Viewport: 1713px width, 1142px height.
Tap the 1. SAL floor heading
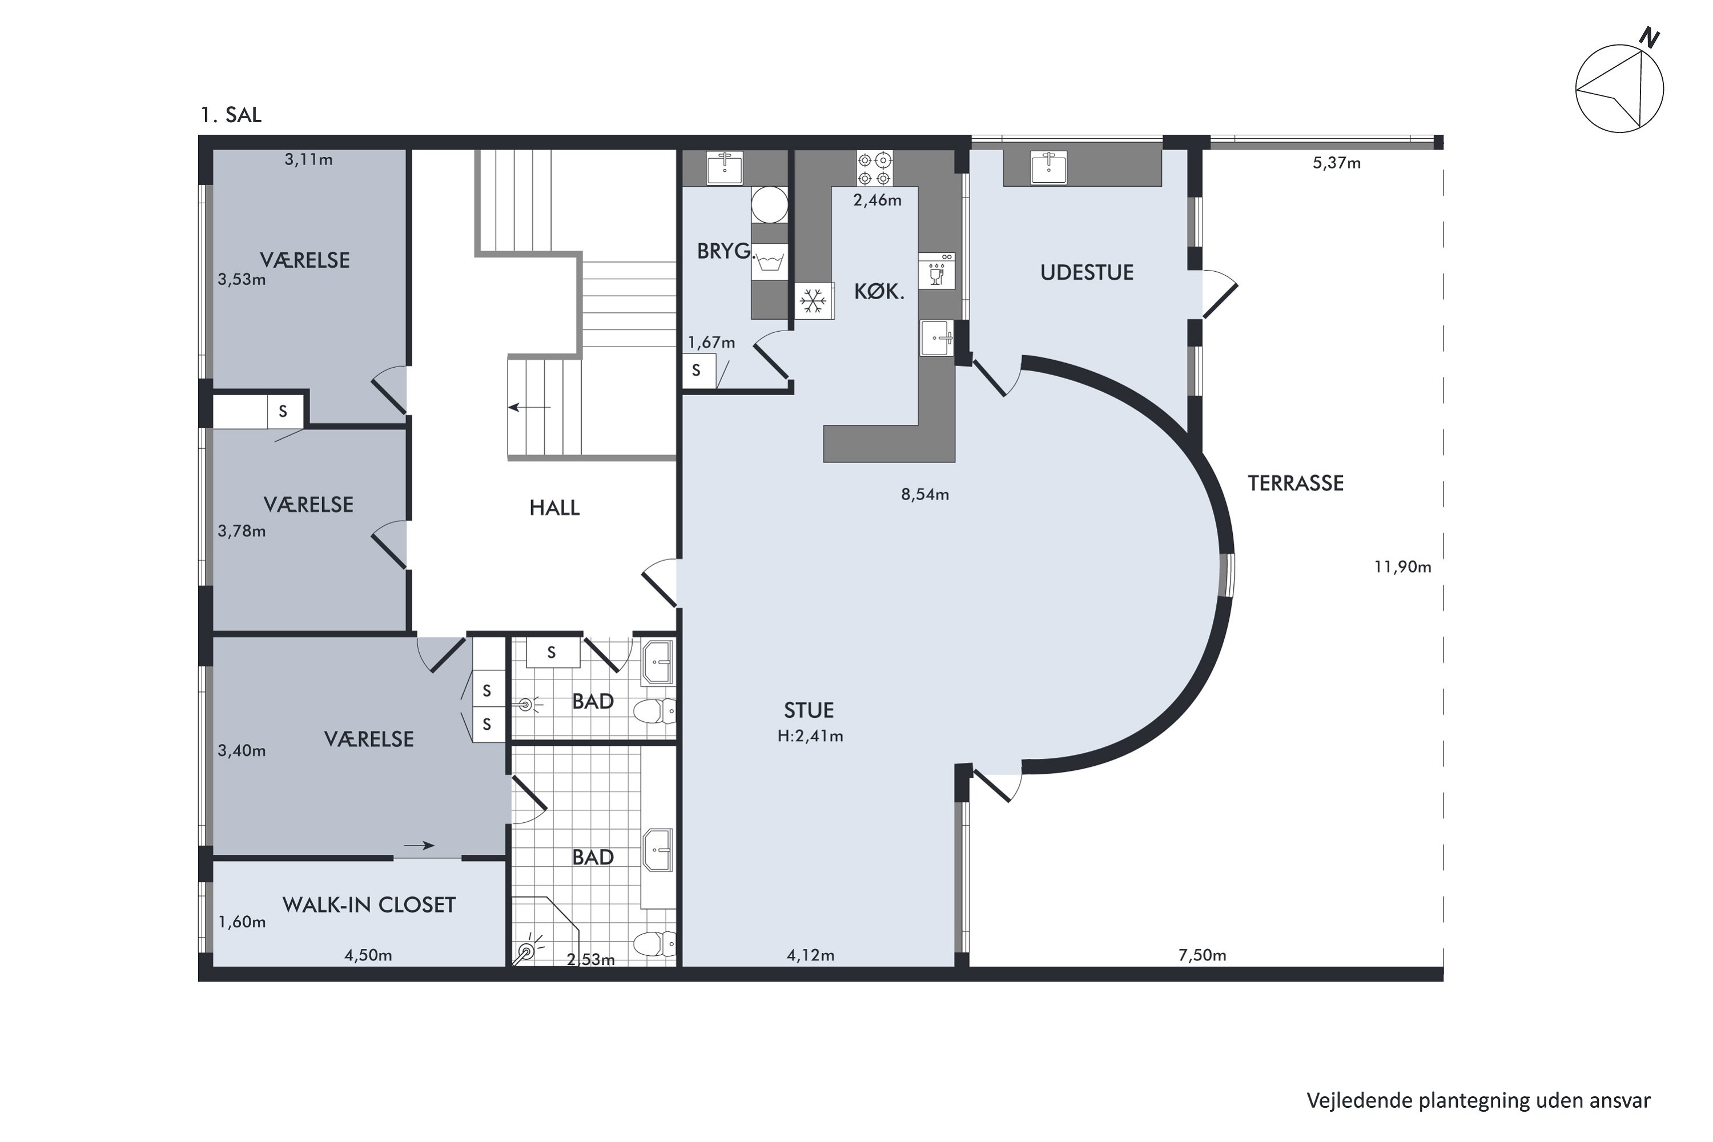pyautogui.click(x=231, y=115)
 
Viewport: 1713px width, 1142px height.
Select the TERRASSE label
pyautogui.click(x=1296, y=484)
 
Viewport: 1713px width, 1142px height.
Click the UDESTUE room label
pyautogui.click(x=1087, y=272)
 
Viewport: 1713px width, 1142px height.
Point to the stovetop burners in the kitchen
pyautogui.click(x=874, y=168)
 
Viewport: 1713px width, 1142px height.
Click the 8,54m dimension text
pyautogui.click(x=925, y=494)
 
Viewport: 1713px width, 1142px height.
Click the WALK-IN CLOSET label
pyautogui.click(x=369, y=905)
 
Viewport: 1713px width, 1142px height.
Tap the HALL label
pyautogui.click(x=554, y=508)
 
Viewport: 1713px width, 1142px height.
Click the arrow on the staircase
pyautogui.click(x=529, y=407)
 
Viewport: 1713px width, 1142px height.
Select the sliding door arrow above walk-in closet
pyautogui.click(x=419, y=846)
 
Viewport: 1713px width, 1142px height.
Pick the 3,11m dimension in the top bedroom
pyautogui.click(x=309, y=159)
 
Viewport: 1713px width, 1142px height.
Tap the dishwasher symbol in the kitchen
pyautogui.click(x=936, y=271)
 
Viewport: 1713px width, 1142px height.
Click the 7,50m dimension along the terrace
pyautogui.click(x=1203, y=955)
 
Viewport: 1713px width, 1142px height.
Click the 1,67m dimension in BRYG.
pyautogui.click(x=711, y=342)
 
